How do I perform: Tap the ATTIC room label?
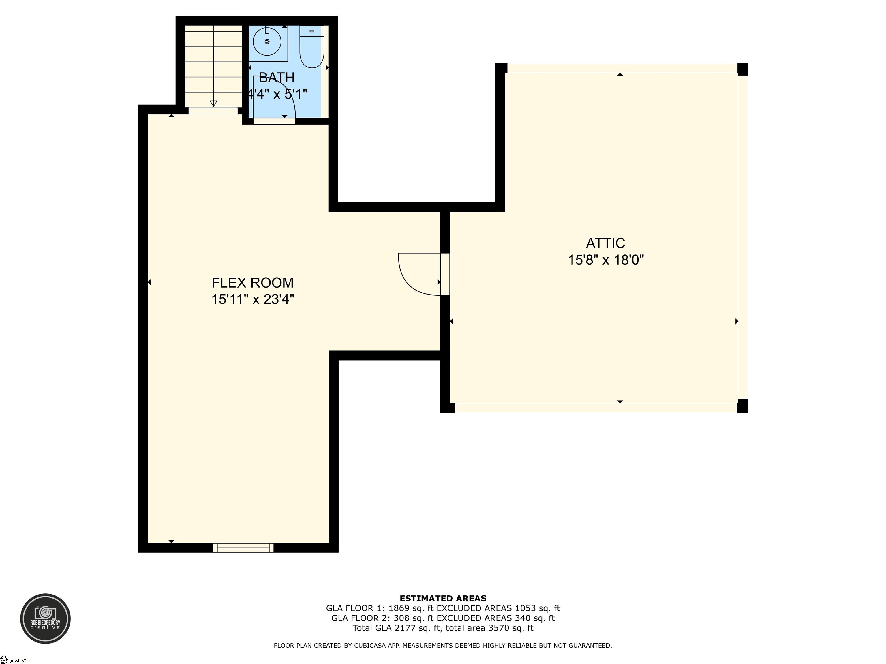[605, 243]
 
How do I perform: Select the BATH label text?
[276, 77]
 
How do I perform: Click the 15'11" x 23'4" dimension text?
[253, 299]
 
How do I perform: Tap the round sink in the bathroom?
[267, 41]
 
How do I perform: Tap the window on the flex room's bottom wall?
[243, 548]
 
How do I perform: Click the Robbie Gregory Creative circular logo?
[45, 618]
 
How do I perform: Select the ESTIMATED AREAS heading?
[443, 598]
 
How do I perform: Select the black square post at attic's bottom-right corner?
[742, 406]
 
